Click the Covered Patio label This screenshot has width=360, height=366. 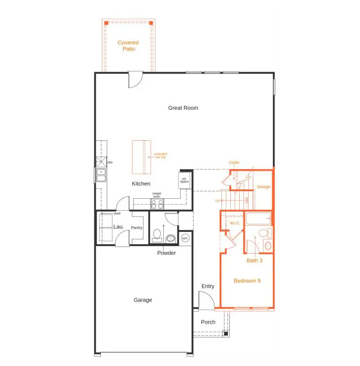pos(128,46)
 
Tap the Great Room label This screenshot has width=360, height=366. pos(183,108)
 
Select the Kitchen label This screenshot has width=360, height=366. pos(141,184)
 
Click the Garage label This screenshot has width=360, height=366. pos(143,300)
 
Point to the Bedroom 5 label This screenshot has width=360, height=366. pos(247,281)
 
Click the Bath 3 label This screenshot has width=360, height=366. pos(255,261)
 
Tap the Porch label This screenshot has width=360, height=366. pos(208,322)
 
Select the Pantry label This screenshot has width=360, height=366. pos(136,228)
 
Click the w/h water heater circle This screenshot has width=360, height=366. pos(185,239)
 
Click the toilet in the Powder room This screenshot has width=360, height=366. pos(157,235)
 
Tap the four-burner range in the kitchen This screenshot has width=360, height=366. pos(157,204)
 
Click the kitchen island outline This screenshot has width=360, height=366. pos(141,157)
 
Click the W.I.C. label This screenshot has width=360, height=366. pos(234,223)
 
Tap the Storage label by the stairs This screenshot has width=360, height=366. pos(263,187)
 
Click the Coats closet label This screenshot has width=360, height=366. pos(234,162)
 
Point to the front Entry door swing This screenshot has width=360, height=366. pos(206,301)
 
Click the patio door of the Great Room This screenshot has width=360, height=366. pos(135,80)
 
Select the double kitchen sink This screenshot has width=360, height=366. pos(101,175)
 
